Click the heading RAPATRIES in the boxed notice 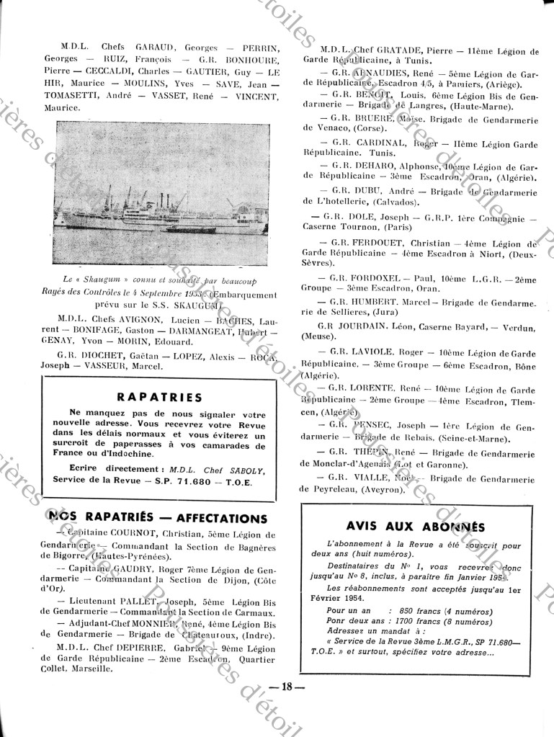159,396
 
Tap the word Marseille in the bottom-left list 93,668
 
